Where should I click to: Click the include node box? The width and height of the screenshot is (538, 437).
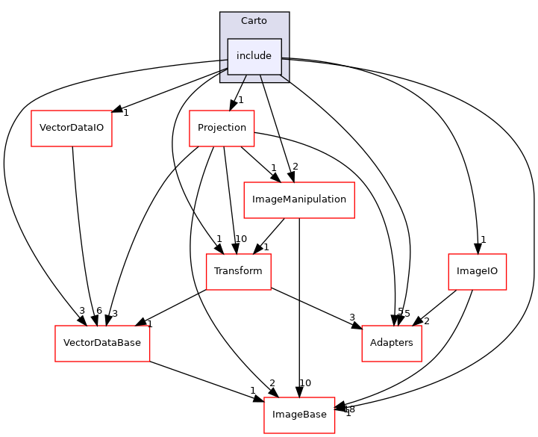tap(254, 56)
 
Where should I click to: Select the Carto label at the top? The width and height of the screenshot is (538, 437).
tap(254, 21)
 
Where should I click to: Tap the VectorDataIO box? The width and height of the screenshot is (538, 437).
tap(72, 128)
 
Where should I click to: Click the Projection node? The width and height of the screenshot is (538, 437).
tap(222, 128)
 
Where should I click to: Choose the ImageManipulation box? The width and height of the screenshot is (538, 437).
tap(299, 200)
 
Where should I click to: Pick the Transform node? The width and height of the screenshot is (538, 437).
tap(238, 271)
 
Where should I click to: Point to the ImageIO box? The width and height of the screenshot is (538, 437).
tap(477, 271)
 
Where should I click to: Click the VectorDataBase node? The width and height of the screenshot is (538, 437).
tap(102, 344)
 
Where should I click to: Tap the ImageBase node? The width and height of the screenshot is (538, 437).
tap(299, 415)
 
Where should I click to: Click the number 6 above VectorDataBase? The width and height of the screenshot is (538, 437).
tap(99, 312)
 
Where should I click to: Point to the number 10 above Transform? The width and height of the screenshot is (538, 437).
tap(241, 239)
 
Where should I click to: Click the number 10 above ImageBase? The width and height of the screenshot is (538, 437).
tap(305, 383)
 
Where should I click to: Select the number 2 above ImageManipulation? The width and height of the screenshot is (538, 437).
tap(295, 167)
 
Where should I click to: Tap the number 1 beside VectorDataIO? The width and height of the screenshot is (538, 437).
tap(126, 113)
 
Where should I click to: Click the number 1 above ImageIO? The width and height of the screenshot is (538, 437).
tap(484, 240)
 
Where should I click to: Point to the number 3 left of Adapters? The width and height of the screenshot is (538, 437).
tap(351, 318)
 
